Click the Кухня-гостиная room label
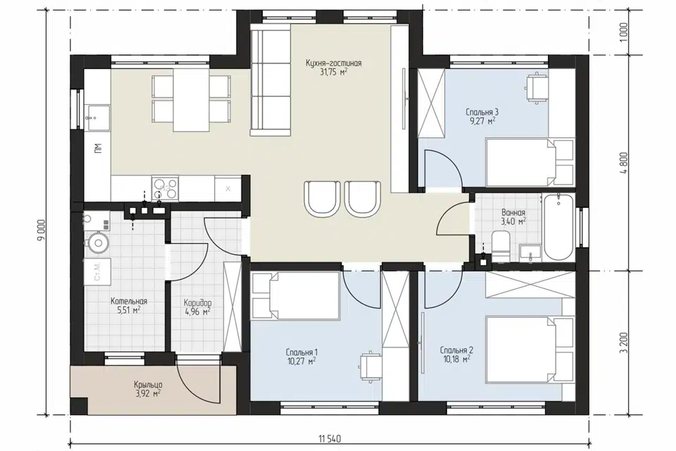point(333,63)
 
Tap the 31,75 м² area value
point(333,73)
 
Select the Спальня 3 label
point(482,112)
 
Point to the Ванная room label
point(513,213)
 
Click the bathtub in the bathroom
point(558,228)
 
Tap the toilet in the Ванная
point(501,247)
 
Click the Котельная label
point(129,301)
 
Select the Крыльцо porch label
point(148,384)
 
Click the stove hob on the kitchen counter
point(165,188)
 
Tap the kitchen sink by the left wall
point(97,117)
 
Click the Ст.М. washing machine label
point(97,271)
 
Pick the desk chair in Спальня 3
point(537,88)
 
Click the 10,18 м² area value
point(456,359)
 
